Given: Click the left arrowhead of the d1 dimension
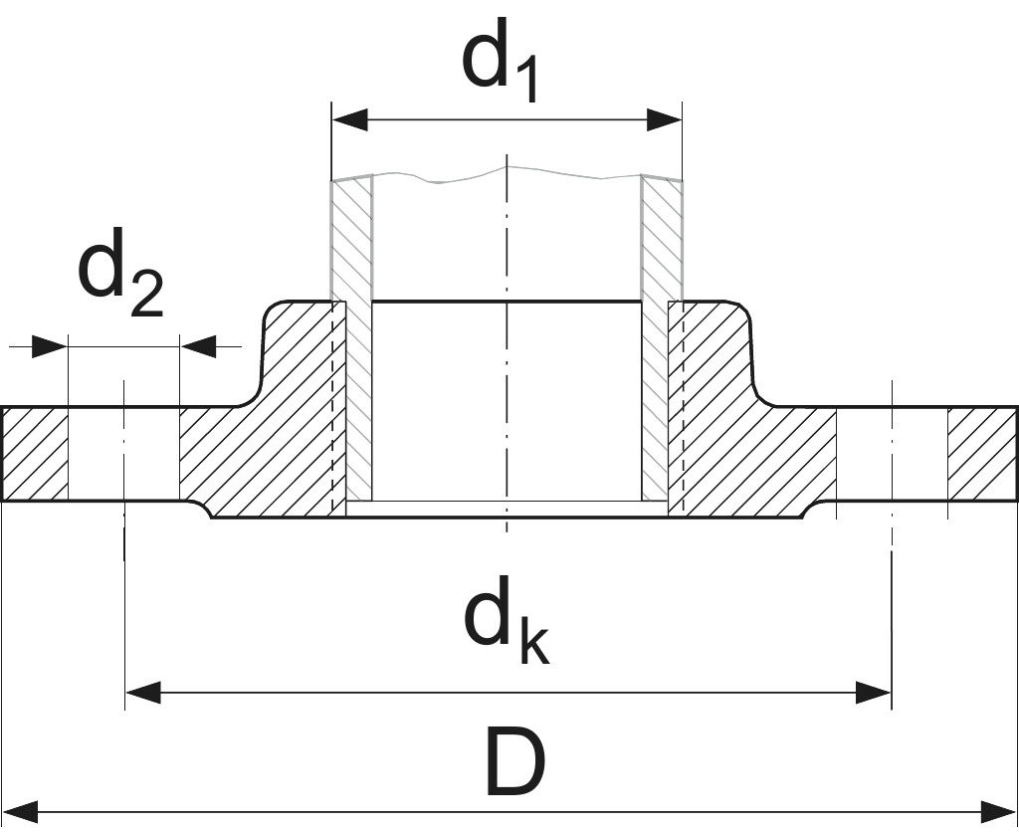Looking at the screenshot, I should (x=349, y=120).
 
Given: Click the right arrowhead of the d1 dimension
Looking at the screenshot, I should (x=664, y=120).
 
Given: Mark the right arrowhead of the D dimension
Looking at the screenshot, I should (x=999, y=811).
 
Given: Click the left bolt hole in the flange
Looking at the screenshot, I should (x=123, y=453).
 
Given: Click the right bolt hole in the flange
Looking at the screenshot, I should (x=892, y=453).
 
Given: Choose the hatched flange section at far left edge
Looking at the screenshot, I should (x=35, y=453).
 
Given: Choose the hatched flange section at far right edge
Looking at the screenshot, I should (x=981, y=453).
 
